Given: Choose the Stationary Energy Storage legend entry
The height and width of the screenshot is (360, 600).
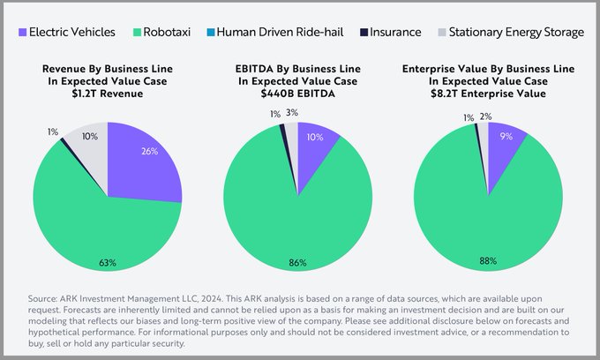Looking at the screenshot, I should (x=516, y=32).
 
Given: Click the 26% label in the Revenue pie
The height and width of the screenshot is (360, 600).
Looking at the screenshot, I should (x=149, y=151).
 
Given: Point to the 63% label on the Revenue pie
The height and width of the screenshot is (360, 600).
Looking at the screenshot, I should (x=108, y=262).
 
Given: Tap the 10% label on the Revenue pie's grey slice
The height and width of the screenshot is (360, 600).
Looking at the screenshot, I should (x=90, y=136).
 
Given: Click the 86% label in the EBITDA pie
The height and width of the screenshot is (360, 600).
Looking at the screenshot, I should (x=298, y=262).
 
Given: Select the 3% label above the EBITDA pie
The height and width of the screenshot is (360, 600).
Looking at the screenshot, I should (x=292, y=112).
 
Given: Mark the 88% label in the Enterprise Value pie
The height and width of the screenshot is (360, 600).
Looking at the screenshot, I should (x=488, y=261).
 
